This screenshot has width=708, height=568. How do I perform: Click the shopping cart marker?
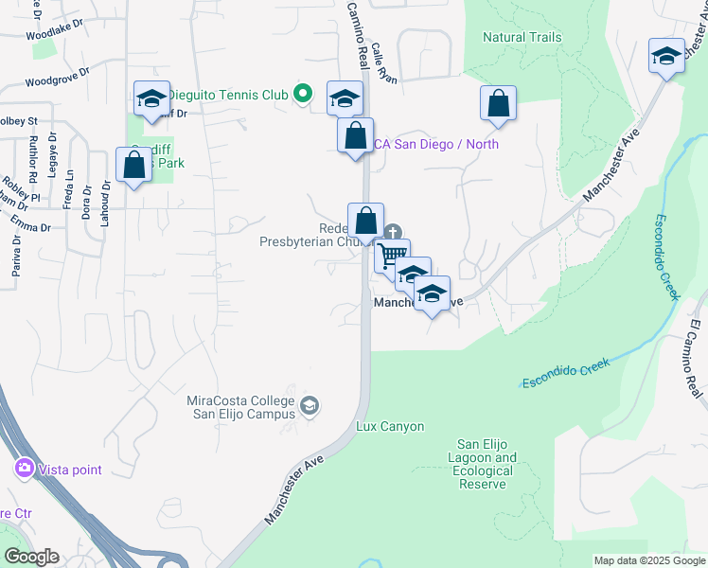[x=391, y=257]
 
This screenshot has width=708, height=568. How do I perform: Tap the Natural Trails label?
[x=522, y=38]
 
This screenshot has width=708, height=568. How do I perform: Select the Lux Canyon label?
[x=390, y=427]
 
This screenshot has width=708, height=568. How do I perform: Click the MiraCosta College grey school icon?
[x=309, y=407]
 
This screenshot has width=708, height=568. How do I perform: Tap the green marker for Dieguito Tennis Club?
[x=302, y=93]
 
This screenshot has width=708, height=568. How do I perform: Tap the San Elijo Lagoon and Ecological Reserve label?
[x=487, y=464]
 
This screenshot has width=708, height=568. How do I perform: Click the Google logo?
[x=31, y=557]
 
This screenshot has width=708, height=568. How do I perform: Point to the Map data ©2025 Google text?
[x=649, y=560]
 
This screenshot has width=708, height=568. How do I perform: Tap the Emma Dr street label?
[x=30, y=222]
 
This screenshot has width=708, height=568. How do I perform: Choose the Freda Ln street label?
[x=67, y=190]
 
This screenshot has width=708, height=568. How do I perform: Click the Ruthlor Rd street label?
[x=33, y=159]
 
